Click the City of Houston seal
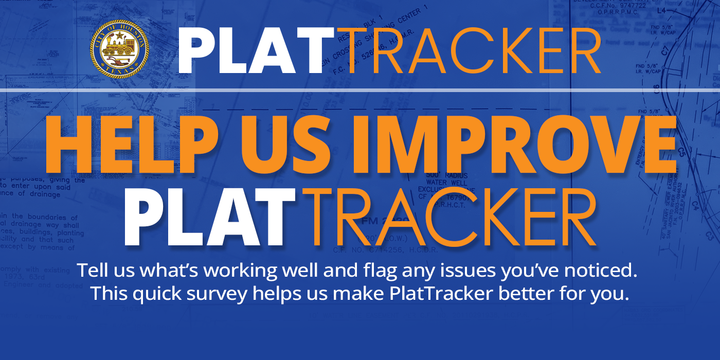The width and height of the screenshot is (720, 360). tap(119, 49)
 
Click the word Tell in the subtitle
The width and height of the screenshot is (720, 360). tap(89, 270)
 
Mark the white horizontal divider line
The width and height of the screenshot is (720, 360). tap(360, 91)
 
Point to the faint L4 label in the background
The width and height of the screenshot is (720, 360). tap(661, 10)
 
